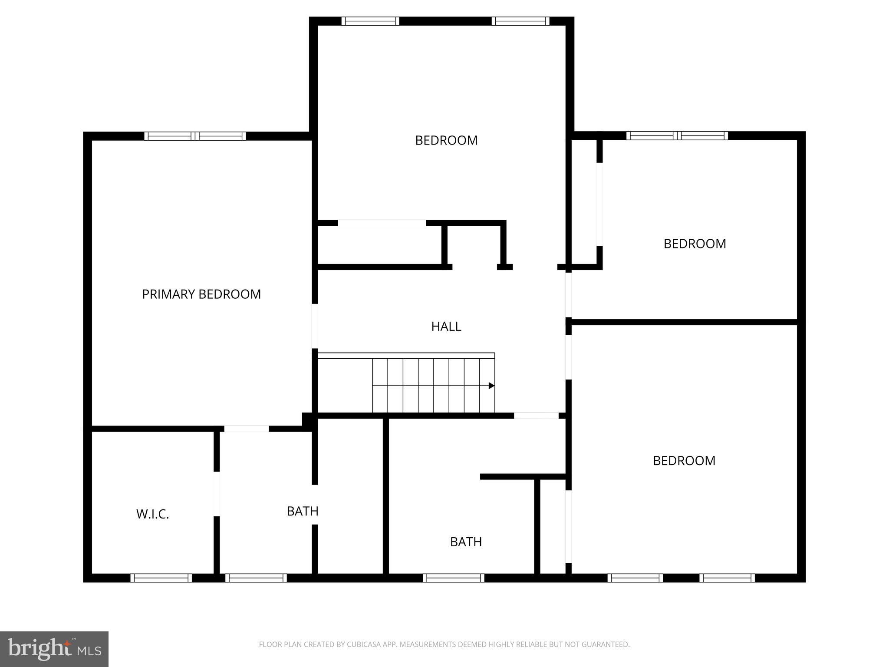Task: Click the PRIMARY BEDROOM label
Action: click(201, 294)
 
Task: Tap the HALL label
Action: click(446, 327)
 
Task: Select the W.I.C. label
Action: click(152, 514)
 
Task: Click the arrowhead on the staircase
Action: click(491, 386)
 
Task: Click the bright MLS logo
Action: click(54, 649)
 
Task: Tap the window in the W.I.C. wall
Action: click(161, 578)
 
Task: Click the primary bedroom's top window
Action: click(195, 136)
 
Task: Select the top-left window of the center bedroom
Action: click(370, 21)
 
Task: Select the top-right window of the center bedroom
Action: click(520, 21)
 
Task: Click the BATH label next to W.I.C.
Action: click(303, 511)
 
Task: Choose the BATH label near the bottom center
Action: click(466, 542)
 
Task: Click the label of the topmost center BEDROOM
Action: click(446, 140)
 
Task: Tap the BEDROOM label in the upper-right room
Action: click(695, 244)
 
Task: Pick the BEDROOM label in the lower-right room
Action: click(684, 461)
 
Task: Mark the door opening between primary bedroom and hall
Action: click(315, 326)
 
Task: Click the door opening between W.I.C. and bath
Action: click(216, 494)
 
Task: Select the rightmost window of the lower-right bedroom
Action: click(727, 578)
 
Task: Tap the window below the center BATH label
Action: click(454, 578)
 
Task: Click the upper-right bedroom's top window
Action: click(677, 136)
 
